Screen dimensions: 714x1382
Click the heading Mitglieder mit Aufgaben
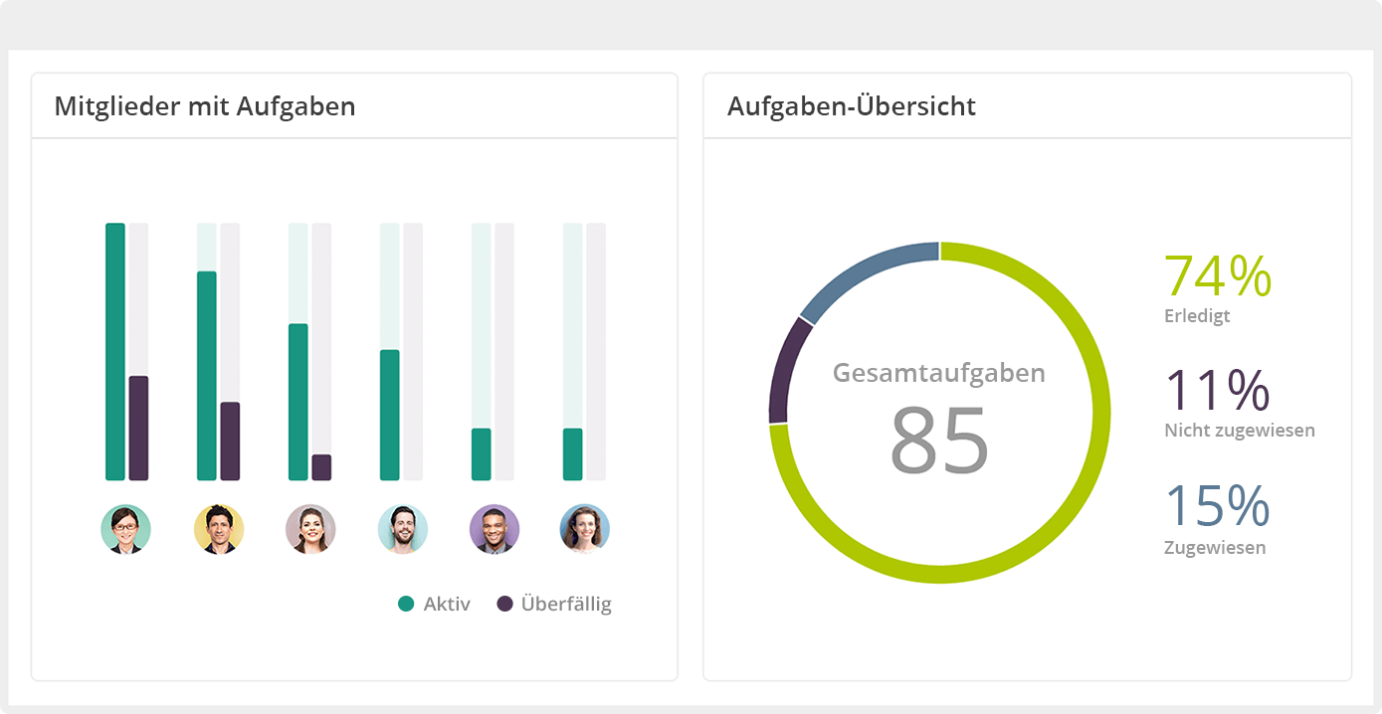pyautogui.click(x=204, y=106)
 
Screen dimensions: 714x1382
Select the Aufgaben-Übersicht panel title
pyautogui.click(x=851, y=106)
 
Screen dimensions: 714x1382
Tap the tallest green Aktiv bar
pyautogui.click(x=115, y=351)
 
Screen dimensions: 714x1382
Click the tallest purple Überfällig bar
pyautogui.click(x=138, y=428)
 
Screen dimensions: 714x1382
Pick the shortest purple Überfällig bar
pyautogui.click(x=321, y=467)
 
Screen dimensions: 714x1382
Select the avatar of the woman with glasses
pyautogui.click(x=126, y=529)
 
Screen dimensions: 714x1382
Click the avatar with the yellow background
pyautogui.click(x=219, y=529)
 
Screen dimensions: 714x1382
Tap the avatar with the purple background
pyautogui.click(x=494, y=529)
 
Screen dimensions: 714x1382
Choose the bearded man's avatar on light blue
pyautogui.click(x=403, y=529)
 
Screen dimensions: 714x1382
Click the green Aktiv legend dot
pyautogui.click(x=406, y=604)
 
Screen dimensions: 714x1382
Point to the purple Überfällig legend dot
pyautogui.click(x=504, y=604)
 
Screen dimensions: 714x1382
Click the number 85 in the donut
pyautogui.click(x=939, y=439)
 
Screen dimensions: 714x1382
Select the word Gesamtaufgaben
pyautogui.click(x=939, y=373)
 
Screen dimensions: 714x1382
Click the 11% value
pyautogui.click(x=1217, y=390)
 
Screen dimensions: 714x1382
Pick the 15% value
pyautogui.click(x=1217, y=505)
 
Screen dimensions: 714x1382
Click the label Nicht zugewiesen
pyautogui.click(x=1239, y=431)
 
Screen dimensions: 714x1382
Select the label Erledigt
pyautogui.click(x=1197, y=316)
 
